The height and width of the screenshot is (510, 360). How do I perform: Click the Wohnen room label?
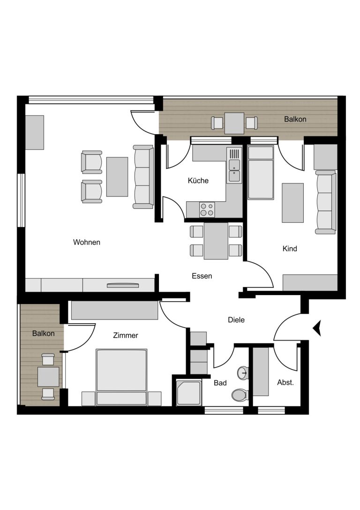86,242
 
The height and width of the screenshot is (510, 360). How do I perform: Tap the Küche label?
198,181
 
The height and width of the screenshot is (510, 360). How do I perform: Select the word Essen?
202,276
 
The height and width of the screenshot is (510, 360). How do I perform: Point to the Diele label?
236,320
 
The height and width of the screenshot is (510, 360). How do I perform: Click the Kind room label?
290,249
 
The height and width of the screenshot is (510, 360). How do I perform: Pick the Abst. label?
285,383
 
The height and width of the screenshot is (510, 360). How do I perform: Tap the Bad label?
220,383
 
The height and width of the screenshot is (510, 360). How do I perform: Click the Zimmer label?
126,335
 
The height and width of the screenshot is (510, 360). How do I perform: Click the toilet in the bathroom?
240,395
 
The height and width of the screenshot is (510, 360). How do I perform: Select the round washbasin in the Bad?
242,373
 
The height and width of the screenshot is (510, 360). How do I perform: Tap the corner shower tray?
189,393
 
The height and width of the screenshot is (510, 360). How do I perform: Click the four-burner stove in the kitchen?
207,209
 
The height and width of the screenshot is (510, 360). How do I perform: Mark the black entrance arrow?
317,327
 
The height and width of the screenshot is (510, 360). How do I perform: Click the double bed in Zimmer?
121,377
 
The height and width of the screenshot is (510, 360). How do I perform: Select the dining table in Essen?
216,241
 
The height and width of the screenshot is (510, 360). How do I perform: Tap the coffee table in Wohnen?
117,176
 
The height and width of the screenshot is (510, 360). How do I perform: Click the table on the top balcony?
234,123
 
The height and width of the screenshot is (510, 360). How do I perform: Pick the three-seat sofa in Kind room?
326,202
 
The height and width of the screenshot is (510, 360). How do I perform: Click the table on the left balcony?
48,377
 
